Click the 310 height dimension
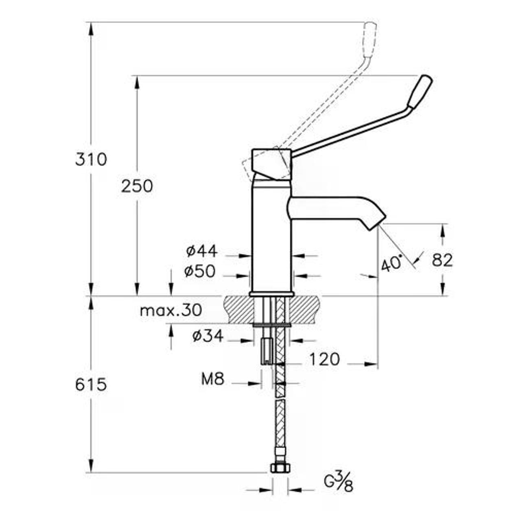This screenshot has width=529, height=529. tap(91, 160)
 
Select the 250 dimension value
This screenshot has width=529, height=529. tap(137, 186)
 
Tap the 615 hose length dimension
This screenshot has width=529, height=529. tap(91, 385)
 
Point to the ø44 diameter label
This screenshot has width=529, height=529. tap(202, 251)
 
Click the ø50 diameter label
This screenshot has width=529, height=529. tap(200, 271)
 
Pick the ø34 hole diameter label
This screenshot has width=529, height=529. tap(208, 336)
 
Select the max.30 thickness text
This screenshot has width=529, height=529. tap(171, 310)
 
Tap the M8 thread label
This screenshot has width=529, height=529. tap(213, 379)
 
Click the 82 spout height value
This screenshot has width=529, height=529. tap(442, 260)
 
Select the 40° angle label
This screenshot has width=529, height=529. tap(392, 263)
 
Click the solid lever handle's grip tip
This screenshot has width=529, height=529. tap(420, 91)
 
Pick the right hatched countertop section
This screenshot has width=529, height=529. tap(305, 309)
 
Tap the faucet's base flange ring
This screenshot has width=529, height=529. tap(272, 294)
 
